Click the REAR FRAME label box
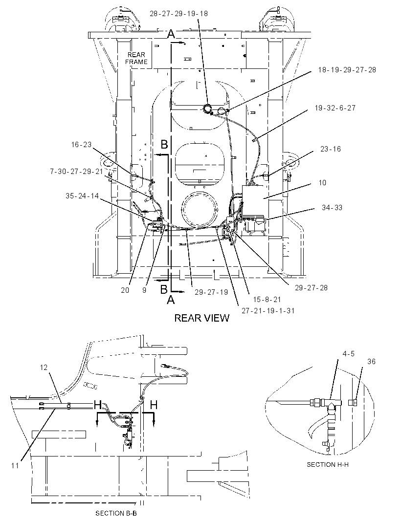pyautogui.click(x=136, y=59)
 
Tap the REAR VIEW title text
pyautogui.click(x=202, y=318)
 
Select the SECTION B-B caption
pyautogui.click(x=116, y=513)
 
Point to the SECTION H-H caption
pyautogui.click(x=328, y=464)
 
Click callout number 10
pyautogui.click(x=322, y=182)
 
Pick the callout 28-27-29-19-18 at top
pyautogui.click(x=178, y=13)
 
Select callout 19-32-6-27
pyautogui.click(x=335, y=108)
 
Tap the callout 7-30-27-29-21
pyautogui.click(x=76, y=172)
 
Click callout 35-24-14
pyautogui.click(x=82, y=195)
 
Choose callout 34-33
pyautogui.click(x=332, y=207)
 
